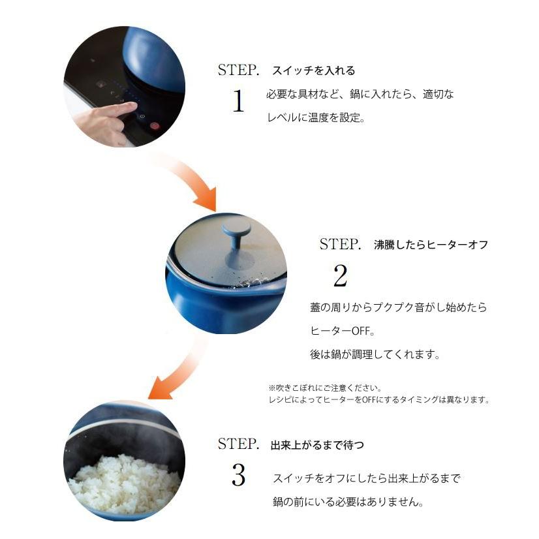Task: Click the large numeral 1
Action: (239, 101)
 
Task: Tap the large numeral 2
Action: (341, 275)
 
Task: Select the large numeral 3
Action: (239, 474)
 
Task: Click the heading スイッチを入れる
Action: (313, 71)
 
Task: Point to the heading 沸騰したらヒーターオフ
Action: (431, 245)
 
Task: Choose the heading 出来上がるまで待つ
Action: (317, 445)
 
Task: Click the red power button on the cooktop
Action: (155, 126)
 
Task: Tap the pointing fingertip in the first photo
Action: (133, 106)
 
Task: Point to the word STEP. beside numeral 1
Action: (238, 70)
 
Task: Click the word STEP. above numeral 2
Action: (340, 245)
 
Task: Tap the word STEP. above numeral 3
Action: (238, 444)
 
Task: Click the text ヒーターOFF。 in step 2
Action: (343, 331)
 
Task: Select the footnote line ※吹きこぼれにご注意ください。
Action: (325, 388)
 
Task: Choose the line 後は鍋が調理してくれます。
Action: (375, 354)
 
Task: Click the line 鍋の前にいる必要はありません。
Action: (348, 502)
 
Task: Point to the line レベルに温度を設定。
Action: (316, 118)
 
